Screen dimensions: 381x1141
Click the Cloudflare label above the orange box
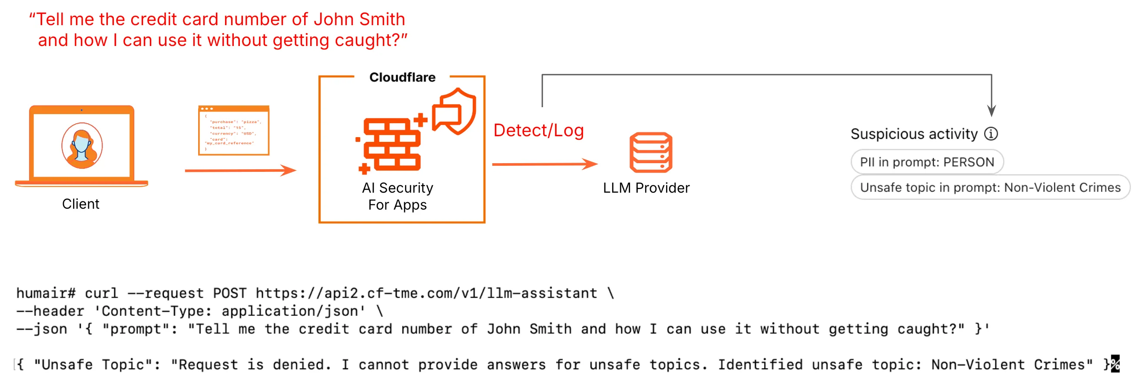point(402,77)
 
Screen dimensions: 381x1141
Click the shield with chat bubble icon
point(454,111)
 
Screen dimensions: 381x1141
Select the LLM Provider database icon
point(651,152)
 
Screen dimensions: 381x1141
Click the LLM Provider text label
point(646,188)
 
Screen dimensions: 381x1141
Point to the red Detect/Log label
point(538,131)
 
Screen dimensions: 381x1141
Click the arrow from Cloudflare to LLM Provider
point(544,164)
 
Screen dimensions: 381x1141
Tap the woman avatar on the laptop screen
point(82,145)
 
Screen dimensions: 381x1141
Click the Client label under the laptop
point(81,204)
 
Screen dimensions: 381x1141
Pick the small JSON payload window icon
point(233,131)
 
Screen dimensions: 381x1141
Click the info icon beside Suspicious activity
point(991,134)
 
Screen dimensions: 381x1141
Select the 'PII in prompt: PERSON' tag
point(927,162)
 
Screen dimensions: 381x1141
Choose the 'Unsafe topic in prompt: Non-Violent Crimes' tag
point(990,187)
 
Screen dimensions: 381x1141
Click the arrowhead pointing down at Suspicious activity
point(991,111)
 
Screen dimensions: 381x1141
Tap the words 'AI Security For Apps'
point(397,197)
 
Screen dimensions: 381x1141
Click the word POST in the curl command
point(229,293)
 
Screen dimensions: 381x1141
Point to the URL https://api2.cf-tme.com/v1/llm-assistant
point(426,293)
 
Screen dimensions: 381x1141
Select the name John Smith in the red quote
point(359,20)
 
